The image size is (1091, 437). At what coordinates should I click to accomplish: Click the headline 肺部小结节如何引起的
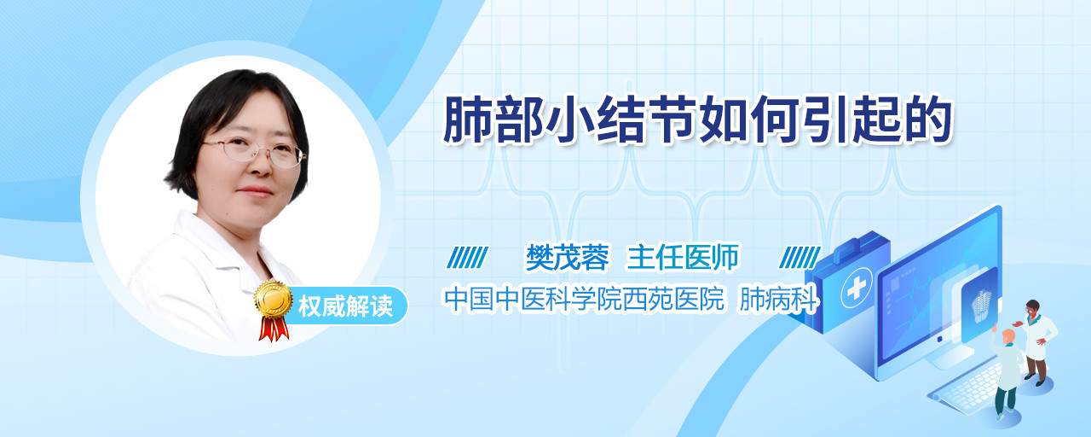pos(697,120)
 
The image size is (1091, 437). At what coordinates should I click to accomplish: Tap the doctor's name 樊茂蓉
pos(568,258)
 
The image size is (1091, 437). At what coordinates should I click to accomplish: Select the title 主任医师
pos(683,257)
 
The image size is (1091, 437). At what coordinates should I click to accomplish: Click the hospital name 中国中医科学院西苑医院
pos(585,299)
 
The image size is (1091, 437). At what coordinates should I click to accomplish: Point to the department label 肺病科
pos(778,299)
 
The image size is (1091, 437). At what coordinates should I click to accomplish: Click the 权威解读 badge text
pos(345,306)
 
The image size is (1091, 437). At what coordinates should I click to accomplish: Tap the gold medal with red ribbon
pos(274,310)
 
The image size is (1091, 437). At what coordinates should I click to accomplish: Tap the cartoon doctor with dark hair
pos(1036,342)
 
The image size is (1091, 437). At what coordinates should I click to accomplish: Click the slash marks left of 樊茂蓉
pos(467,258)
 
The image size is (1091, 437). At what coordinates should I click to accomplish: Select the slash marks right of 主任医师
pos(799,258)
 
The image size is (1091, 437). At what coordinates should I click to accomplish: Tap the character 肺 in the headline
pos(466,120)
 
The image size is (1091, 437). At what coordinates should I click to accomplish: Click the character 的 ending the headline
pos(929,120)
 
